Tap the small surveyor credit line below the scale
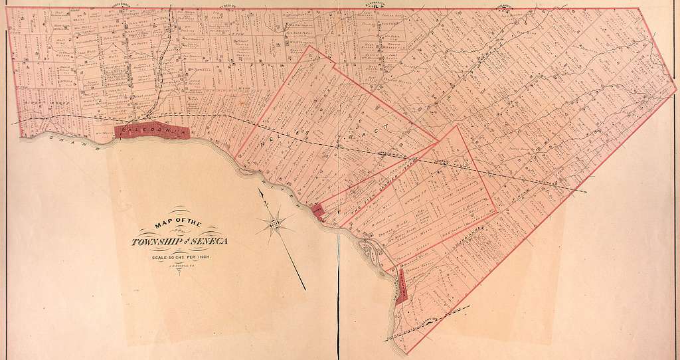tap(179, 264)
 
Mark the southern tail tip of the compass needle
tap(305, 289)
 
